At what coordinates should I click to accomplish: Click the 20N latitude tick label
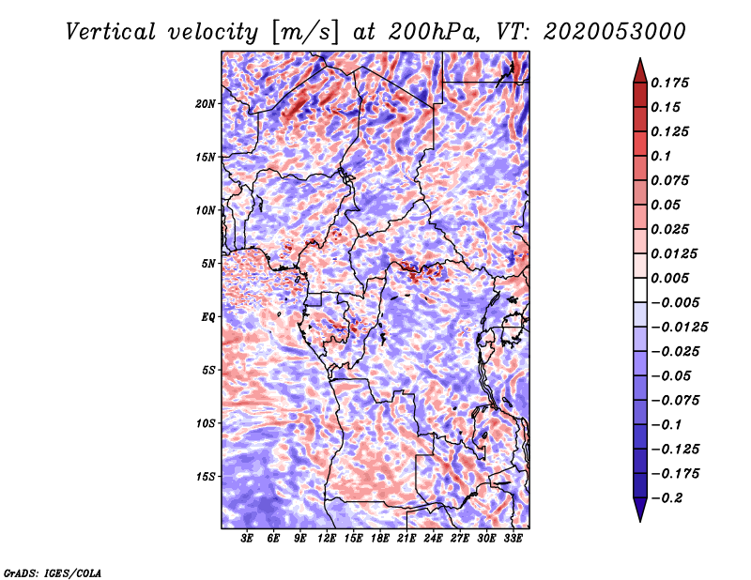(206, 103)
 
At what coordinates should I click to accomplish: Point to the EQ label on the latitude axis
(207, 316)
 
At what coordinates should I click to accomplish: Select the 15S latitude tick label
(206, 476)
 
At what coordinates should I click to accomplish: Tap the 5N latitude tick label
(208, 264)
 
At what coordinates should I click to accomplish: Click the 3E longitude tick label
(248, 540)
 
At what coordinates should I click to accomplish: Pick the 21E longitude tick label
(406, 540)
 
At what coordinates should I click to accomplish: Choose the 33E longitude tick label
(513, 540)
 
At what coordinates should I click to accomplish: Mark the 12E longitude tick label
(327, 540)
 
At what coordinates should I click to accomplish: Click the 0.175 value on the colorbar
(672, 83)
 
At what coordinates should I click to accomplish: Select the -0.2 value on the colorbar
(670, 498)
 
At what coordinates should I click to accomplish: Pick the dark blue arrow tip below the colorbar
(638, 515)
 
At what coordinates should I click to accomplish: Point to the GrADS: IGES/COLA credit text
(52, 571)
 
